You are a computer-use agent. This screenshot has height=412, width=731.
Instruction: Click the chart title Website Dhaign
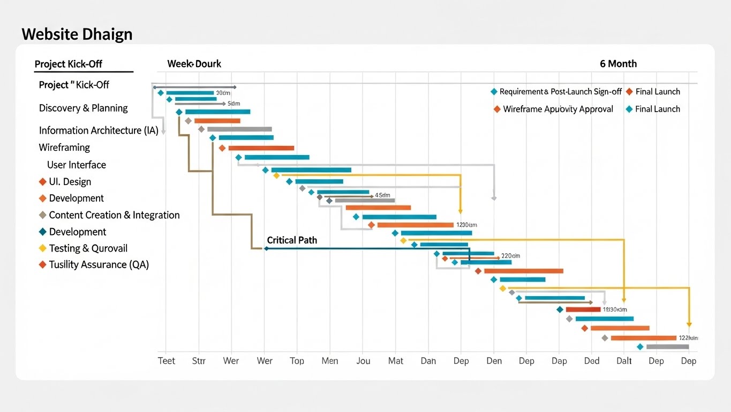pos(77,34)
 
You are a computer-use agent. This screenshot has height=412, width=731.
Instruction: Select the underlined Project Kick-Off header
pos(68,64)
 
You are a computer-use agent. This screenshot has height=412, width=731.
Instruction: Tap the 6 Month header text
pos(618,64)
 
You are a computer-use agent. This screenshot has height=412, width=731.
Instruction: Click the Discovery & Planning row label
pos(83,108)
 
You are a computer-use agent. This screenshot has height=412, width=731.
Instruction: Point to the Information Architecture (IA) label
pos(99,130)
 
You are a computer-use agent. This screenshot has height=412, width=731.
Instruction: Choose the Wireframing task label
pos(64,148)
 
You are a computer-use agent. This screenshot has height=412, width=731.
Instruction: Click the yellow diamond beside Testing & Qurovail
pos(43,248)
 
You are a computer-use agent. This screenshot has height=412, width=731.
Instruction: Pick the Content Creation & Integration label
pos(114,215)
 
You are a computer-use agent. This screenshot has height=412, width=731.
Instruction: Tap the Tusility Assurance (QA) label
pos(99,264)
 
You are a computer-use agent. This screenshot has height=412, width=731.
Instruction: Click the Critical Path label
pos(292,240)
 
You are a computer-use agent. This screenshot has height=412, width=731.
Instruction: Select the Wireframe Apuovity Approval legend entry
pos(557,109)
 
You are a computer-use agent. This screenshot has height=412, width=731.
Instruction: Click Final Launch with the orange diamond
pos(657,92)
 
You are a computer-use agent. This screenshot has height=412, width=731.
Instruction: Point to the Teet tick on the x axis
pos(167,360)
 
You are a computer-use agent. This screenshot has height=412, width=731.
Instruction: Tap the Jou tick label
pos(363,360)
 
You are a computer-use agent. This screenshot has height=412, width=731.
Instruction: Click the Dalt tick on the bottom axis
pos(624,360)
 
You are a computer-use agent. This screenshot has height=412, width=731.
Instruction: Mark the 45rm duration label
pos(382,195)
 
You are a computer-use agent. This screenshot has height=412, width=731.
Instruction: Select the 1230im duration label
pos(466,225)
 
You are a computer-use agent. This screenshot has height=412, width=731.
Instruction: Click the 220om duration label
pos(510,256)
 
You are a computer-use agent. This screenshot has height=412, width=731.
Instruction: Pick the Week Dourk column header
pos(194,64)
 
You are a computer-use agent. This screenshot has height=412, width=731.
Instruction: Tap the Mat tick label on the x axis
pos(396,360)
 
